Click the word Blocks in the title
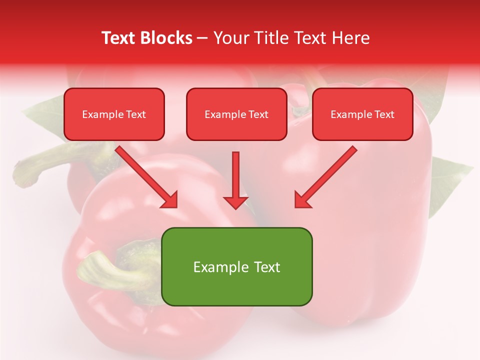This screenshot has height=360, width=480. pos(166,38)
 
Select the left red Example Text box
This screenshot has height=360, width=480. pos(114,114)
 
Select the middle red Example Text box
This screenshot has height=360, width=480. pos(236,114)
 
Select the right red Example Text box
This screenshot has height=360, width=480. pos(362,114)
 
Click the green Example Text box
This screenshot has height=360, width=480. pos(236,266)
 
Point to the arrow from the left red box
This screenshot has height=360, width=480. pos(145,176)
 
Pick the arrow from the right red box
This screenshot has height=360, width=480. pos(326,176)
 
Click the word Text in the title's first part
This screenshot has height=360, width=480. pos(118,38)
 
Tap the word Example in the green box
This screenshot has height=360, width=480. pos(217,267)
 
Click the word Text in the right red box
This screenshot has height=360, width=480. pos(384,114)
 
